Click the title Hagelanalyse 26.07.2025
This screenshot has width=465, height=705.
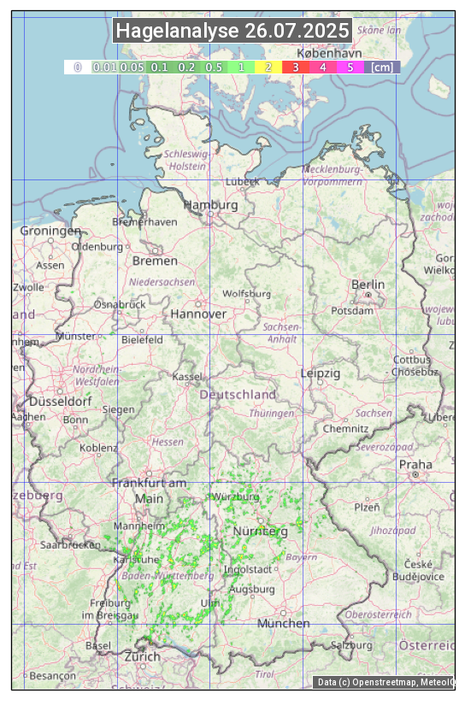(x=232, y=31)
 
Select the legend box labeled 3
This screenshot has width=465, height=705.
(x=295, y=67)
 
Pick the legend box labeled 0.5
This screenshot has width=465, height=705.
(x=214, y=67)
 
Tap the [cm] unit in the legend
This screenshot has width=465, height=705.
(x=382, y=67)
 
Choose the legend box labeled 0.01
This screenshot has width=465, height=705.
(x=104, y=67)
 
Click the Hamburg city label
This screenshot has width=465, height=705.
(x=210, y=205)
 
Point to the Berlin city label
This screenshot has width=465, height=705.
(x=368, y=285)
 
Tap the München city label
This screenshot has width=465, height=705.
(x=283, y=623)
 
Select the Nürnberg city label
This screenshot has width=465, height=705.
(x=261, y=532)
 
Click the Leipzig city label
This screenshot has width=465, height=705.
(x=321, y=373)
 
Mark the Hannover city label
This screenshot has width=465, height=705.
(x=198, y=314)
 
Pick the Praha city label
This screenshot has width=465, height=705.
(x=415, y=464)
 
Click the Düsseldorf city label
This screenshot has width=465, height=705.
(x=61, y=401)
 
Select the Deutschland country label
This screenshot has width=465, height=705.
(x=238, y=395)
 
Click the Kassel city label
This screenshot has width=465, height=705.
(x=187, y=376)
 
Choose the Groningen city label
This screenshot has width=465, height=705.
(x=50, y=231)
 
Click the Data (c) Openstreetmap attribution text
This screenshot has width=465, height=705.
(x=385, y=682)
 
